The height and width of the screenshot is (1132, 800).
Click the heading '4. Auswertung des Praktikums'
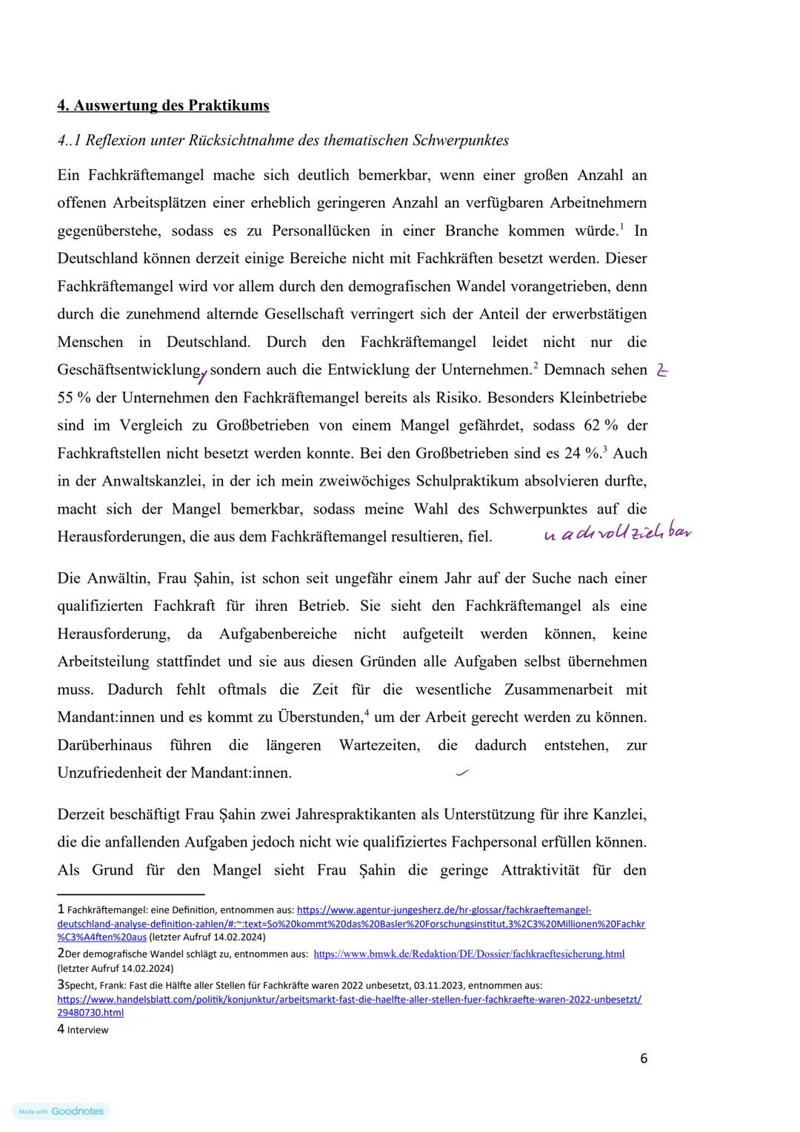[x=163, y=105]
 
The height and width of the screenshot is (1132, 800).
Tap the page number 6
[x=643, y=1059]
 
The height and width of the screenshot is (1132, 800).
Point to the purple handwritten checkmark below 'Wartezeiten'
[x=463, y=773]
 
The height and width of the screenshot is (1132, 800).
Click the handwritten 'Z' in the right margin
[x=661, y=371]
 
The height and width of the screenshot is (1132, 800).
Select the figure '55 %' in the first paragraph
[x=74, y=397]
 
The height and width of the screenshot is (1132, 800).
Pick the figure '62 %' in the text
[x=601, y=426]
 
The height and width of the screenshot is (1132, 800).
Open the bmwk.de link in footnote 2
[x=469, y=954]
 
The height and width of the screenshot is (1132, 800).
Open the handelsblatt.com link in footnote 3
[x=349, y=999]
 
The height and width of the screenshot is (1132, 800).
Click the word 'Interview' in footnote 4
[x=87, y=1030]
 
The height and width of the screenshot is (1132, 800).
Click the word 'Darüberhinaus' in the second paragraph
[x=104, y=745]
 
